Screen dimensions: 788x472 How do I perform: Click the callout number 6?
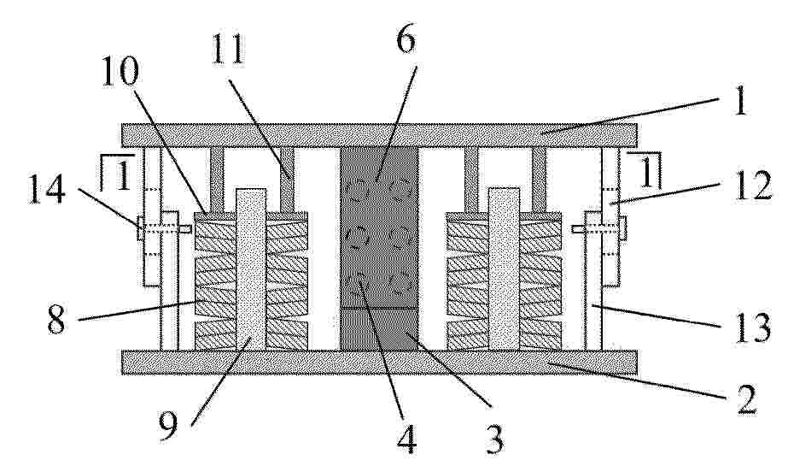point(406,40)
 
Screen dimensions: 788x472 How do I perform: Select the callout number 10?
point(120,71)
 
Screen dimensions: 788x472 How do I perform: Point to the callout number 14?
point(47,190)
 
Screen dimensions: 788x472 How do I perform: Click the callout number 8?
point(56,321)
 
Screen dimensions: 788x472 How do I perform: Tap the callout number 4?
point(406,440)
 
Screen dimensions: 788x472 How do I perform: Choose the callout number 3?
point(494,439)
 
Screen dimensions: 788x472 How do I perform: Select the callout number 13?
point(752,327)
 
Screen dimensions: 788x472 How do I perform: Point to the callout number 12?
point(752,186)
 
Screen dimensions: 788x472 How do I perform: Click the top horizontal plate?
point(379,135)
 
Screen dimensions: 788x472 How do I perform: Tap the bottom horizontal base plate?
point(379,363)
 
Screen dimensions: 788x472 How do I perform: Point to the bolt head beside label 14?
point(140,228)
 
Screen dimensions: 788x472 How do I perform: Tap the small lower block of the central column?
point(379,329)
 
